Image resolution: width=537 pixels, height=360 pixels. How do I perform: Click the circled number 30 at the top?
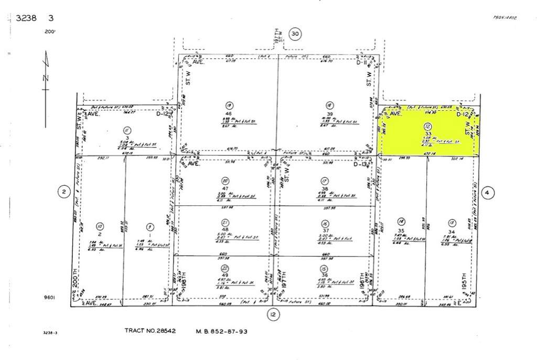click(295, 34)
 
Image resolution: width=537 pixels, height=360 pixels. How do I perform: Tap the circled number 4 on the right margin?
click(487, 192)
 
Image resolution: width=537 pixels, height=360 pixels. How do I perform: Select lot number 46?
click(229, 113)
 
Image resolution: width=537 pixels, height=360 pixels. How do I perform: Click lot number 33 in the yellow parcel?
click(428, 134)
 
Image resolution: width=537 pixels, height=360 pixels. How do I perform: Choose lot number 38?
click(325, 188)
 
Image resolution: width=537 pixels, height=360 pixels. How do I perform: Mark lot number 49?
click(225, 275)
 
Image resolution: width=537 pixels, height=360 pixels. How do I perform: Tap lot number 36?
click(324, 275)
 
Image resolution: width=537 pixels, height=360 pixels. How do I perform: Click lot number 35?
click(401, 230)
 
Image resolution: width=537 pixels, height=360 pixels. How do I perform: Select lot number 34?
click(452, 231)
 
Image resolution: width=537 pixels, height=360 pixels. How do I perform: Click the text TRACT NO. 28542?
click(150, 331)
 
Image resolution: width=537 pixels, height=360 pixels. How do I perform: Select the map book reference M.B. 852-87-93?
click(222, 331)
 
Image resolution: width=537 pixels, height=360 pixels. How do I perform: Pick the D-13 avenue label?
click(359, 164)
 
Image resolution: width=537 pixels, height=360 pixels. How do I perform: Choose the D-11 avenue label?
click(361, 63)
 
